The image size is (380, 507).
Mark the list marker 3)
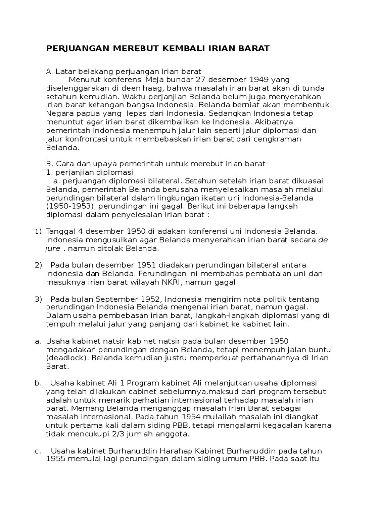tap(39, 299)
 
